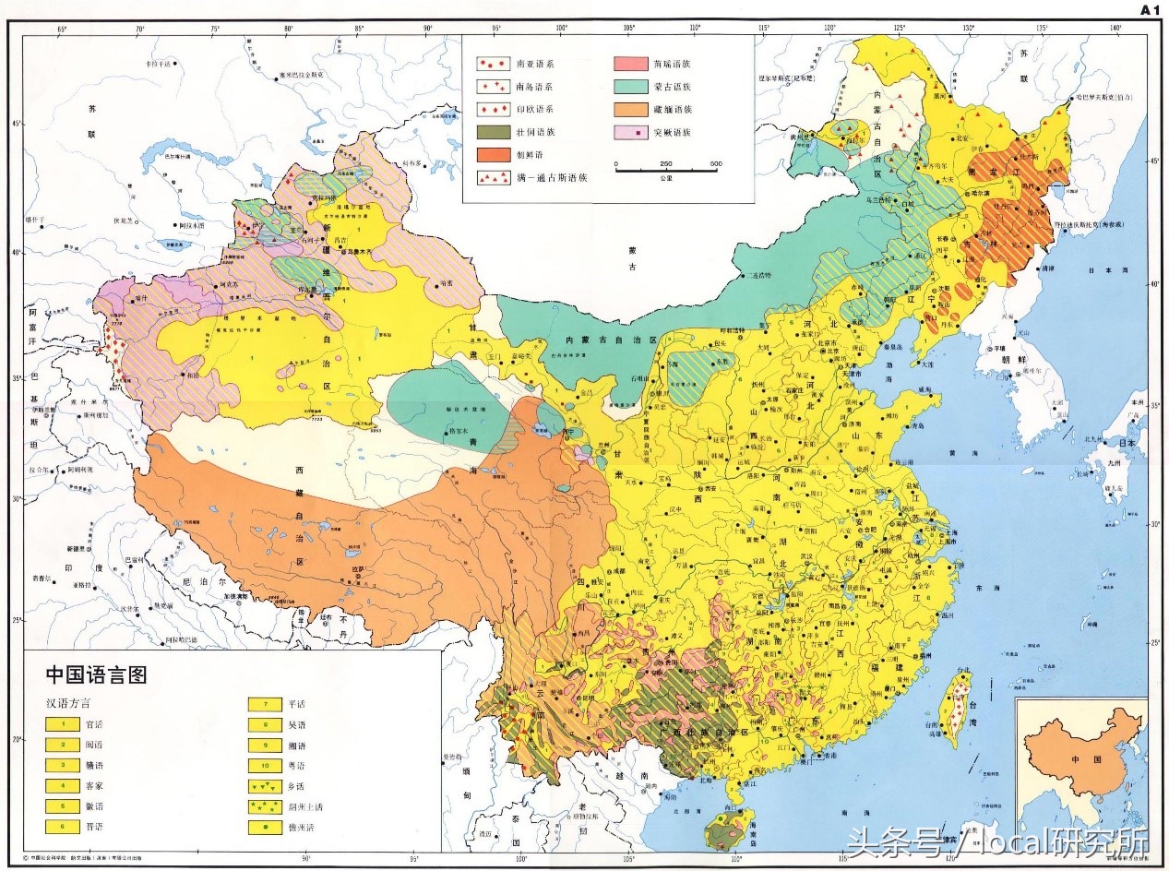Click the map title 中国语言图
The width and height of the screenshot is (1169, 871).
click(96, 674)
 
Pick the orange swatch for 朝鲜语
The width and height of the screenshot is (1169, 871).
click(494, 154)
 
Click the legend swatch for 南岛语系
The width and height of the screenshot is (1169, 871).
click(494, 87)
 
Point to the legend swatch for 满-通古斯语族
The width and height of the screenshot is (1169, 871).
click(494, 176)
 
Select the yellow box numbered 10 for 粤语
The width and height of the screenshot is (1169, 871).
click(265, 765)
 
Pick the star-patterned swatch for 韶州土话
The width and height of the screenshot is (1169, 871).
click(265, 806)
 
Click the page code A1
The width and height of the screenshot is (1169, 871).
click(1149, 10)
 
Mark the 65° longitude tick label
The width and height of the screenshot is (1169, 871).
click(63, 30)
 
